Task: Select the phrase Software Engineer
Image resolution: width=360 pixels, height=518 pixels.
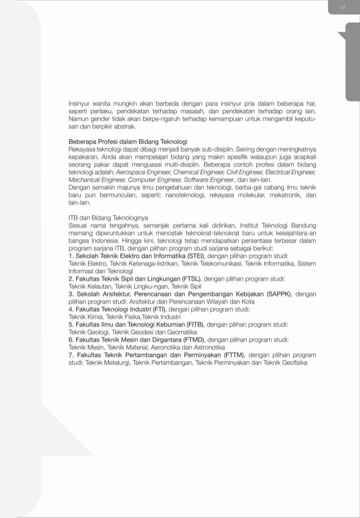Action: click(203, 178)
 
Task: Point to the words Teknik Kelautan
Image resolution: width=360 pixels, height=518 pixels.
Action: click(87, 286)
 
